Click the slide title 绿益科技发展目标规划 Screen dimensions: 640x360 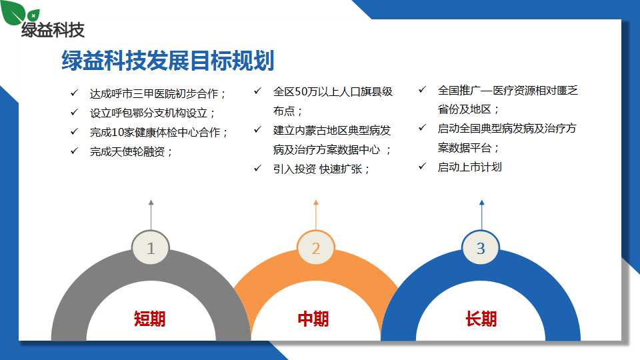coord(168,61)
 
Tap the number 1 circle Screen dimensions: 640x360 coord(151,248)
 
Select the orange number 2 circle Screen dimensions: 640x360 coord(316,248)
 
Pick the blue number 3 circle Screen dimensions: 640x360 coord(481,248)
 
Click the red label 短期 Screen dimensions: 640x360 coord(150,319)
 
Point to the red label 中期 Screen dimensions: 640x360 coord(313,319)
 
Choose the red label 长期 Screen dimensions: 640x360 coord(481,319)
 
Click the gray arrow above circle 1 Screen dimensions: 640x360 coord(151,215)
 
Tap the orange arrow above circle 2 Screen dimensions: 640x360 coord(315,215)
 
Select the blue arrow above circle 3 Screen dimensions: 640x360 coord(481,215)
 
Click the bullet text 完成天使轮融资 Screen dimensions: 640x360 coord(131,152)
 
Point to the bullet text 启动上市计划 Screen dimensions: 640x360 coord(469,167)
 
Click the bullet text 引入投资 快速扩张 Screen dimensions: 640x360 coord(321,169)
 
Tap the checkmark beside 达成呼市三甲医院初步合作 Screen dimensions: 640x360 coord(74,93)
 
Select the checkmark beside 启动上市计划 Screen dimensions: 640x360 coord(422,166)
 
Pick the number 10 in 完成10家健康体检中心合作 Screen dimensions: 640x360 coord(117,132)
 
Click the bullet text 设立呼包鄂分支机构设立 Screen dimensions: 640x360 coord(152,113)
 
